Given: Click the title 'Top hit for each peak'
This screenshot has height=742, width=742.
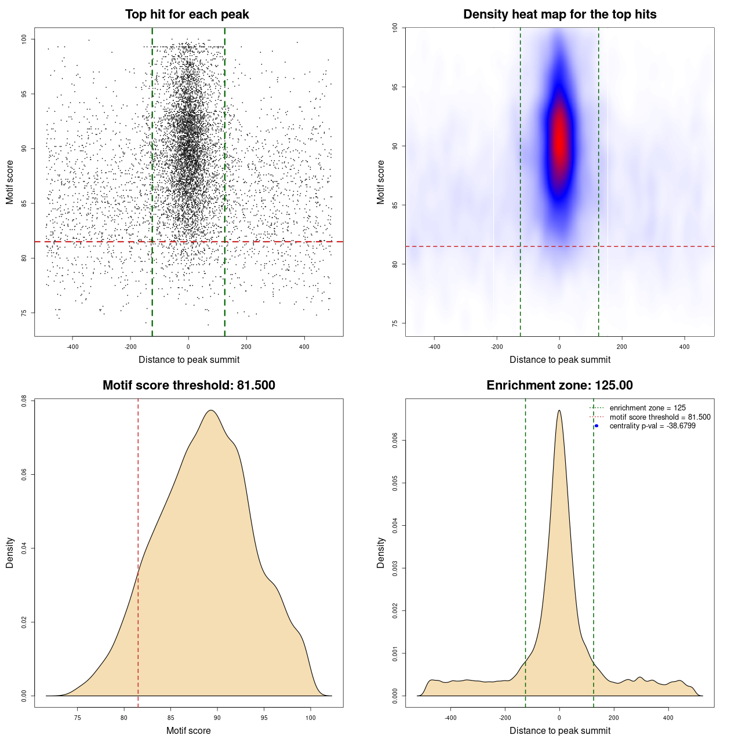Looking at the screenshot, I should [187, 14].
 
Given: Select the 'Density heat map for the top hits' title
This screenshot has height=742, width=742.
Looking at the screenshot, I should [559, 14].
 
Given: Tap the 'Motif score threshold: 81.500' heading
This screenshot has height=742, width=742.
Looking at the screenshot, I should [188, 385].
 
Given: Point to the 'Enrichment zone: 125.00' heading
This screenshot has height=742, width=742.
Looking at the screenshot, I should [559, 385].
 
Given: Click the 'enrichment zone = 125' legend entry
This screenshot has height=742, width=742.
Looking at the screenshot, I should [648, 408].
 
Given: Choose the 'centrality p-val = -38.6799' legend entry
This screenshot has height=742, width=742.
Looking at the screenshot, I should [652, 426].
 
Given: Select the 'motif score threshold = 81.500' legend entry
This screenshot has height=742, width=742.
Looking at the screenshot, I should [660, 417].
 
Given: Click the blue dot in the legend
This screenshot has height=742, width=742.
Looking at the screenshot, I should [596, 426].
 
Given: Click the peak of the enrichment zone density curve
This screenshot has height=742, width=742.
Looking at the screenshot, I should [559, 410].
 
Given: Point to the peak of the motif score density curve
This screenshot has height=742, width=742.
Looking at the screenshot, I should [211, 410].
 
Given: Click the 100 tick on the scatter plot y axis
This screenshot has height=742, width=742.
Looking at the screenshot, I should [24, 39].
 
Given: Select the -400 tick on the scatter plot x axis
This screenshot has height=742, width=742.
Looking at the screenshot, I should [72, 347].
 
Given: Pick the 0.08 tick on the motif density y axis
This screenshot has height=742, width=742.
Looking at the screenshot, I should [24, 401].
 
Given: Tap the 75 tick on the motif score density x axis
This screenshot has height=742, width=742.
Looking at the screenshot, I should [78, 718].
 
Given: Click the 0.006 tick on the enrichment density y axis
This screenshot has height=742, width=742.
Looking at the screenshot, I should [395, 441].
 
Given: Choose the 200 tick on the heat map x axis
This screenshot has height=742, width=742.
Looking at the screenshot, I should [622, 347].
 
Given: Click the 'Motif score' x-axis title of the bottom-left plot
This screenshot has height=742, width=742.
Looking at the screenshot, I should [188, 730].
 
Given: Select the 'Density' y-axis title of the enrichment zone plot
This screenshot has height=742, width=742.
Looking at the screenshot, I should [381, 552].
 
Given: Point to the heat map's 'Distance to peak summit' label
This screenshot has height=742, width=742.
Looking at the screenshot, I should [559, 359].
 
